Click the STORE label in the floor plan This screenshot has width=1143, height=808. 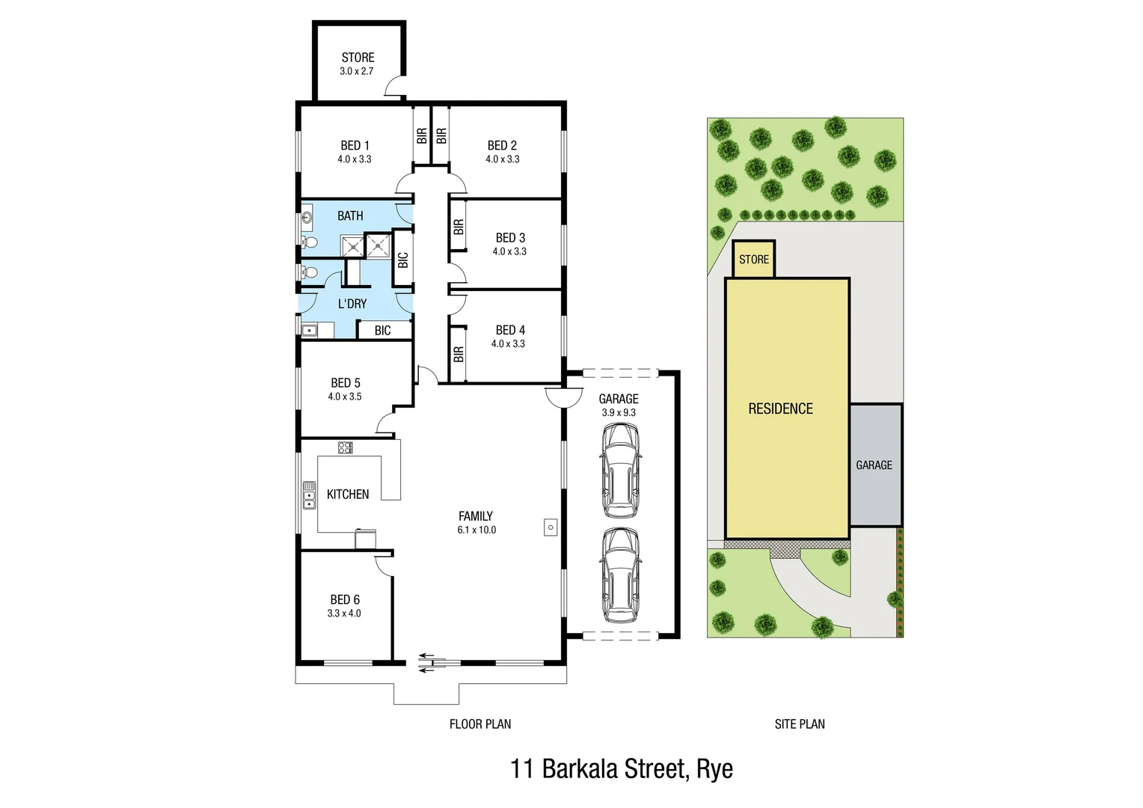click(358, 58)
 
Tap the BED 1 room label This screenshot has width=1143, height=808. click(355, 146)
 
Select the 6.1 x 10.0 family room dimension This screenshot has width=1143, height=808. click(476, 530)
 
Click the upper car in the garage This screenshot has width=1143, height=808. click(620, 471)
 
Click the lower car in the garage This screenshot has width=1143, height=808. click(620, 575)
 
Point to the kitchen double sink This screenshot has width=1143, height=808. click(309, 495)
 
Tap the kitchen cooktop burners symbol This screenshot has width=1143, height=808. click(345, 447)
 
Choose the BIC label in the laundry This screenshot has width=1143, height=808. click(382, 330)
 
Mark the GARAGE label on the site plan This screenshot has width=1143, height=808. click(874, 465)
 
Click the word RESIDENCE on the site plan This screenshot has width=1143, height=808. click(780, 408)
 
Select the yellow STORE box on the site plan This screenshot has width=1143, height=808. click(753, 260)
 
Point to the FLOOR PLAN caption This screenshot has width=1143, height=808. click(480, 723)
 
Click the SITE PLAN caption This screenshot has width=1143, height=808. click(800, 723)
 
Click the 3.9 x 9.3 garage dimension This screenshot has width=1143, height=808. click(619, 412)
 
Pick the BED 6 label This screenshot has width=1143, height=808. click(345, 599)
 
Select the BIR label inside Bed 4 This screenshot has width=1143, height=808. click(459, 354)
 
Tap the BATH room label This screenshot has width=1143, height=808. click(350, 216)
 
